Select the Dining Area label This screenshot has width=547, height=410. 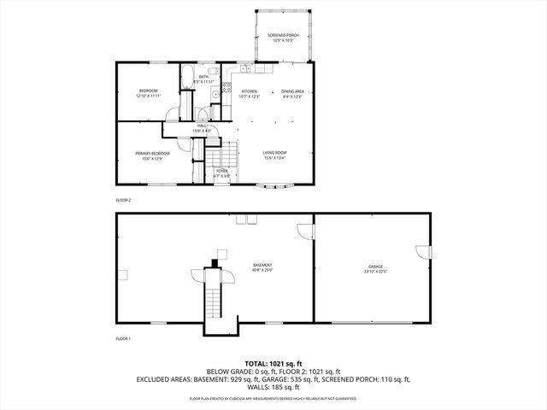point(293,93)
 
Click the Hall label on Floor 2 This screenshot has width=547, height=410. point(203,127)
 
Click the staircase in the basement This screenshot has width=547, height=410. point(212,303)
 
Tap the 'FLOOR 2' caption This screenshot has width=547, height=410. point(123,200)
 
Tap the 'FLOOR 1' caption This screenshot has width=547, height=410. point(123,338)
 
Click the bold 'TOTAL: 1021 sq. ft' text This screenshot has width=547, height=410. point(273,364)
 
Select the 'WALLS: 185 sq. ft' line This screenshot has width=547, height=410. point(273,389)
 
